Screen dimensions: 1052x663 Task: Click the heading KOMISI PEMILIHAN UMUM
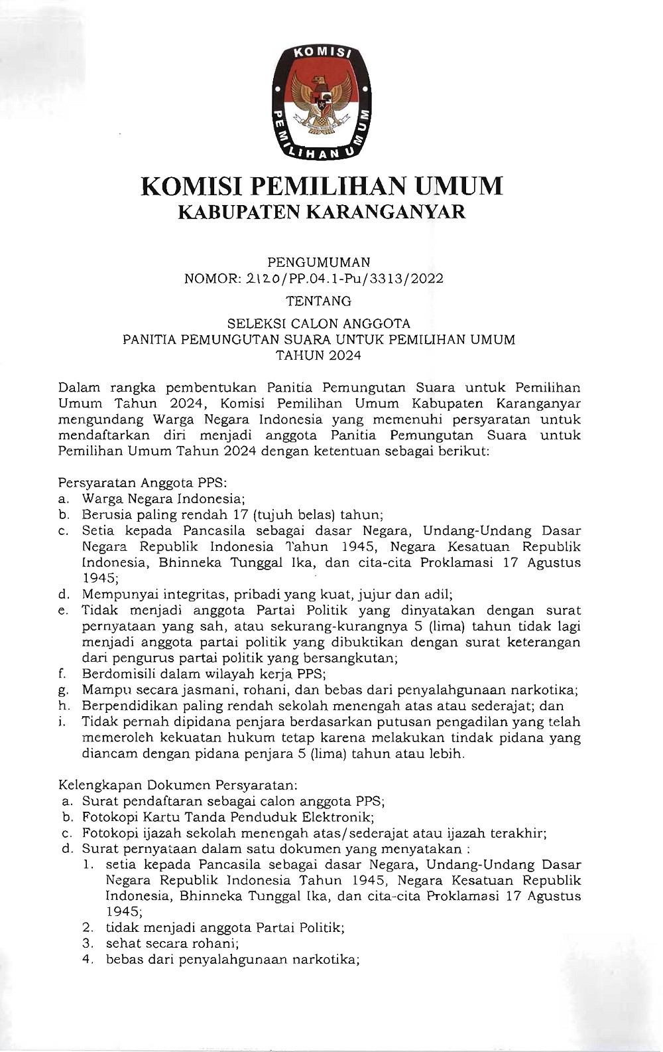(322, 186)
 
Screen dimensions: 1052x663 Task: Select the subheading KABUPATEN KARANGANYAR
(322, 212)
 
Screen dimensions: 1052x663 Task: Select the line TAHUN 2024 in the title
(319, 356)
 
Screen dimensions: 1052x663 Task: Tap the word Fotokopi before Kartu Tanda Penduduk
(108, 817)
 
